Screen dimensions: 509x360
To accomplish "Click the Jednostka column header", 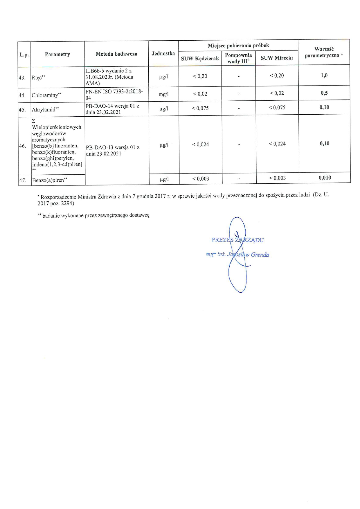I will [163, 53].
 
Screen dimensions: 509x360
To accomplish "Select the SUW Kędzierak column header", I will [200, 59].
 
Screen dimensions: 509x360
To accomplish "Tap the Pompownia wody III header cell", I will [238, 58].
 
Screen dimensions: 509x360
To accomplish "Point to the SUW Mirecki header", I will [277, 58].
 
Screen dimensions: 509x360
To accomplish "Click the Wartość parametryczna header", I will [324, 52].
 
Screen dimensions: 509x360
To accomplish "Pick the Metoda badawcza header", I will [116, 54].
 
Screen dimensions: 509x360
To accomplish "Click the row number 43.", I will [22, 78].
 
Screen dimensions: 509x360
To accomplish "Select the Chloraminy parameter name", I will [45, 95].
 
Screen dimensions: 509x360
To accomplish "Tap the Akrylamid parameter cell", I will [44, 110].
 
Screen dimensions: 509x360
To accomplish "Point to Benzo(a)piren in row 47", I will [48, 180].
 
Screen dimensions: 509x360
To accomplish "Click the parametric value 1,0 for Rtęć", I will [324, 75].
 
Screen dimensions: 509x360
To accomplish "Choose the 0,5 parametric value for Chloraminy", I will [324, 93].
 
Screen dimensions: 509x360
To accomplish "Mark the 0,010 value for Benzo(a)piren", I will [325, 178].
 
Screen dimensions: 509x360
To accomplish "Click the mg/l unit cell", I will [163, 94].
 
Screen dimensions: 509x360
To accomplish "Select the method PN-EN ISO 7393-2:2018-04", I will [114, 94].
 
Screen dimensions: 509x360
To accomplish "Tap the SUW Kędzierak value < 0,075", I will [200, 108].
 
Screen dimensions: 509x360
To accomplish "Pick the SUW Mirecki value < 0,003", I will [277, 178].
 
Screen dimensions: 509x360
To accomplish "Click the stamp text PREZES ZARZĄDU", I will [237, 240].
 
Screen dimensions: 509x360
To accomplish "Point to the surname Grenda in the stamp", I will [260, 255].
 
